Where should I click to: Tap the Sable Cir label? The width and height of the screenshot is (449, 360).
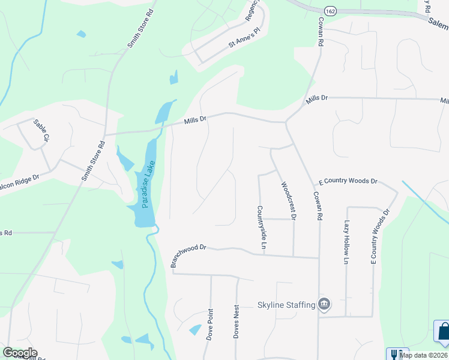41,130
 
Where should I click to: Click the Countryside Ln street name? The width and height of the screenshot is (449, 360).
261,227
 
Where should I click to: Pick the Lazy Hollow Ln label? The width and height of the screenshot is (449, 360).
346,242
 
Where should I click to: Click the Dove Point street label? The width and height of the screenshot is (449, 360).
210,325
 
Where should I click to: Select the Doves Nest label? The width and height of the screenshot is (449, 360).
237,321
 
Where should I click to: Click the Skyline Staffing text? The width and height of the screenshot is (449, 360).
286,305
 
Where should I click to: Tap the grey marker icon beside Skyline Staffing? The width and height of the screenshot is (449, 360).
325,304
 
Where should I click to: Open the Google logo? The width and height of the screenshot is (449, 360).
20,353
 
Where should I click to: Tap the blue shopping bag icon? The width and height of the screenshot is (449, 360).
442,332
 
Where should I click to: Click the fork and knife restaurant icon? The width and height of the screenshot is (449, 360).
397,354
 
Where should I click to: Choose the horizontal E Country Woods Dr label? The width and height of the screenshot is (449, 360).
348,181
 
